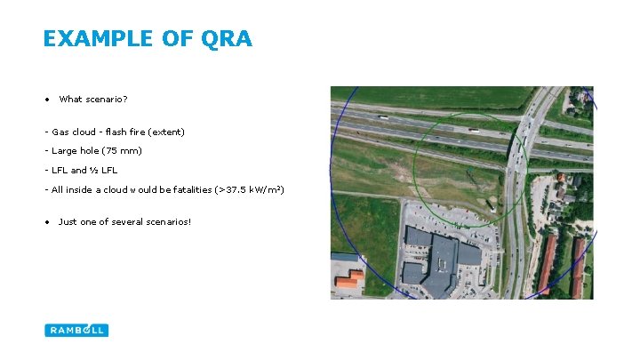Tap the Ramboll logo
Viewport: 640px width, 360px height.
click(x=76, y=330)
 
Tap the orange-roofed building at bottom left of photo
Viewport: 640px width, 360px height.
click(x=349, y=280)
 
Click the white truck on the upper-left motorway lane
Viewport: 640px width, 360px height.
click(x=382, y=117)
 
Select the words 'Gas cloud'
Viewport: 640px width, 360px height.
click(x=74, y=132)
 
